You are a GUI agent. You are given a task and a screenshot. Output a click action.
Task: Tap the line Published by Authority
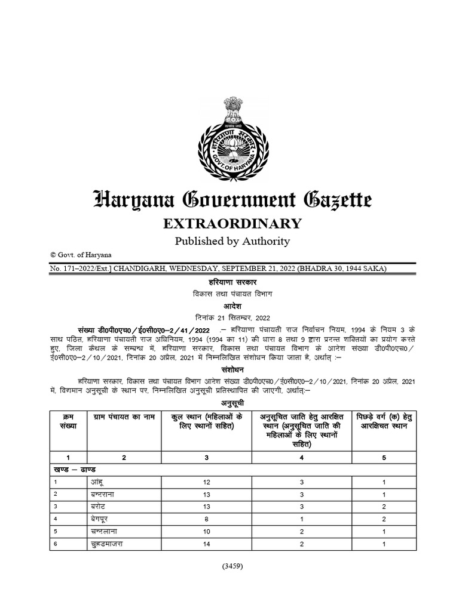[x=232, y=241]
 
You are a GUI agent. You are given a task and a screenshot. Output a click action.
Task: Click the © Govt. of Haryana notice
[x=77, y=255]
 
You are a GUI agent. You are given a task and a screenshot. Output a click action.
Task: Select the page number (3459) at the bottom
[x=231, y=566]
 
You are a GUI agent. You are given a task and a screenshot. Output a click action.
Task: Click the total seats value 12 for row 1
[x=207, y=482]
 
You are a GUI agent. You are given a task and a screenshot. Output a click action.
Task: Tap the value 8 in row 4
[x=207, y=519]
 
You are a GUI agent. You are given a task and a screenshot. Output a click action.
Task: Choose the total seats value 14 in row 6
[x=207, y=544]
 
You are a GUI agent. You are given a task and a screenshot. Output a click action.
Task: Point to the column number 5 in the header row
[x=384, y=457]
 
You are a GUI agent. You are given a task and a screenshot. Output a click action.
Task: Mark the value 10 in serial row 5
[x=207, y=532]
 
